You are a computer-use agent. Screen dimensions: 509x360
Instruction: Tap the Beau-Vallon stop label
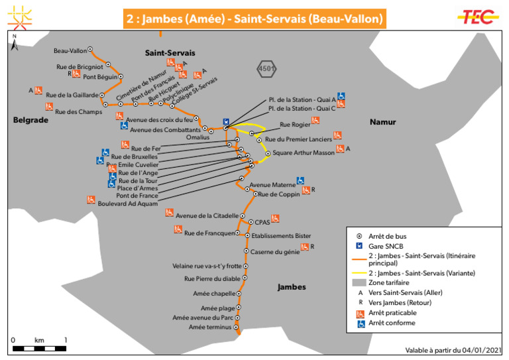[70, 50]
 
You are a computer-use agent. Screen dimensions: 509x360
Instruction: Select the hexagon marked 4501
[267, 68]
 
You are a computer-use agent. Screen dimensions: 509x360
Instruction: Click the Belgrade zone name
[30, 120]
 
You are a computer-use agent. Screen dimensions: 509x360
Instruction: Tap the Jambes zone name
[292, 287]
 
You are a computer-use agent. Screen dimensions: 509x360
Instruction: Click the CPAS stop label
[262, 223]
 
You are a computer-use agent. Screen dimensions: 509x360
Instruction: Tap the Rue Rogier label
[295, 124]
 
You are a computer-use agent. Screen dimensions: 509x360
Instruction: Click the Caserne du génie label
[274, 252]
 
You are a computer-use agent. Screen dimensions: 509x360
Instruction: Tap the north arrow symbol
[15, 45]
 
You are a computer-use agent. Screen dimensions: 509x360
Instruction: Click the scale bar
[40, 347]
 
